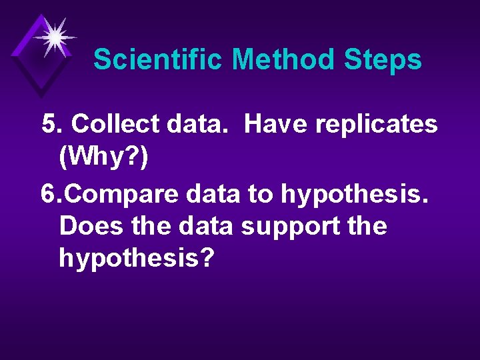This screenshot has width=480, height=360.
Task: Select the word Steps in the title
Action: tap(383, 59)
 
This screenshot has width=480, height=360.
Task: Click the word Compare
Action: tap(115, 194)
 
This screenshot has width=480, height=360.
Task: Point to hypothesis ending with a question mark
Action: tap(137, 258)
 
